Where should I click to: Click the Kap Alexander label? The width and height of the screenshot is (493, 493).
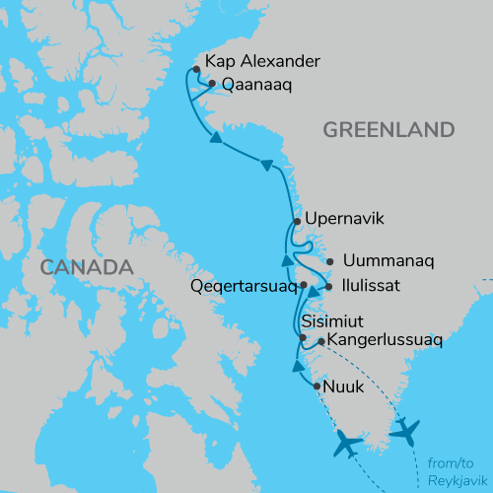coord(262,61)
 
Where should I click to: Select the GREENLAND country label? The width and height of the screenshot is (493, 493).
coord(387,130)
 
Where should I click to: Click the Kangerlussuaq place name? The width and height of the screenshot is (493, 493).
coord(384,341)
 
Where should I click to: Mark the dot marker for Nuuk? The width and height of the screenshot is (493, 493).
coord(316,387)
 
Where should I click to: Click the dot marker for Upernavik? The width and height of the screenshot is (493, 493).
coord(296,221)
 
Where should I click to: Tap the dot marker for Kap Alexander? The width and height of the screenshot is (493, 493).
coord(197,69)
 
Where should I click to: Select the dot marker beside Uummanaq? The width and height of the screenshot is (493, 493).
coord(329,262)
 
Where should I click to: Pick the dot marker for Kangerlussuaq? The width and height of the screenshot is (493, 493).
coord(321,342)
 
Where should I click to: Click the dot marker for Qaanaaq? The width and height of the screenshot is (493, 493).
coord(212,84)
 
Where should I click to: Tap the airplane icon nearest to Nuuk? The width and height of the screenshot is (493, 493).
coord(345,444)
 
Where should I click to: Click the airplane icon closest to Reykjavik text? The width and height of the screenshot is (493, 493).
coord(405,431)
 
